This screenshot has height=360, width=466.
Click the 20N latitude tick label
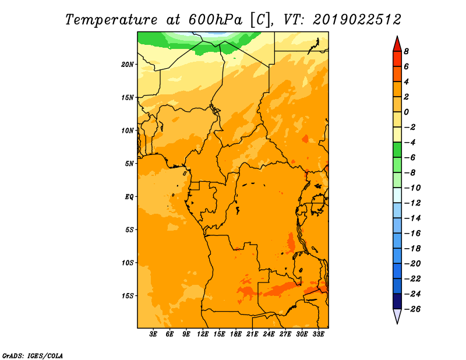pyautogui.click(x=128, y=65)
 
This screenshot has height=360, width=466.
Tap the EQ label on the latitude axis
pyautogui.click(x=129, y=197)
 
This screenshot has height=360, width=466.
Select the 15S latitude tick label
pyautogui.click(x=128, y=296)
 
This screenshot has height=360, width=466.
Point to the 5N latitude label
pyautogui.click(x=129, y=164)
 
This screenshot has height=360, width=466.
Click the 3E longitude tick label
pyautogui.click(x=153, y=334)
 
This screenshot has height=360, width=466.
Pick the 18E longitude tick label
pyautogui.click(x=236, y=334)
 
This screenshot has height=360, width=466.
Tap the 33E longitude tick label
pyautogui.click(x=318, y=334)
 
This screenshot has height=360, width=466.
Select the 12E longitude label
pyautogui.click(x=203, y=334)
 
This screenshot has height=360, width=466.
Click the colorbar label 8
pyautogui.click(x=406, y=51)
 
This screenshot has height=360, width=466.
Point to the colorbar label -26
pyautogui.click(x=412, y=309)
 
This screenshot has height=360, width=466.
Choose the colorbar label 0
pyautogui.click(x=406, y=112)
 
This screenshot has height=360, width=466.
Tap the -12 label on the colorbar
pyautogui.click(x=412, y=203)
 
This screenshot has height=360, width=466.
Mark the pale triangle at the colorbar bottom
pyautogui.click(x=397, y=316)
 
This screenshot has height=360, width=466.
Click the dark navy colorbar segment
pyautogui.click(x=397, y=301)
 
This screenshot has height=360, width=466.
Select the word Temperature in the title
pyautogui.click(x=111, y=20)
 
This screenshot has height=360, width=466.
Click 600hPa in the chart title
pyautogui.click(x=216, y=20)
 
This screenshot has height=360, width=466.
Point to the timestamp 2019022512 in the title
pyautogui.click(x=356, y=20)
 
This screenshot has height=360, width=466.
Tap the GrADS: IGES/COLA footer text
pyautogui.click(x=33, y=356)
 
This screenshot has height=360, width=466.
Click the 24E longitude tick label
pyautogui.click(x=269, y=334)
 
